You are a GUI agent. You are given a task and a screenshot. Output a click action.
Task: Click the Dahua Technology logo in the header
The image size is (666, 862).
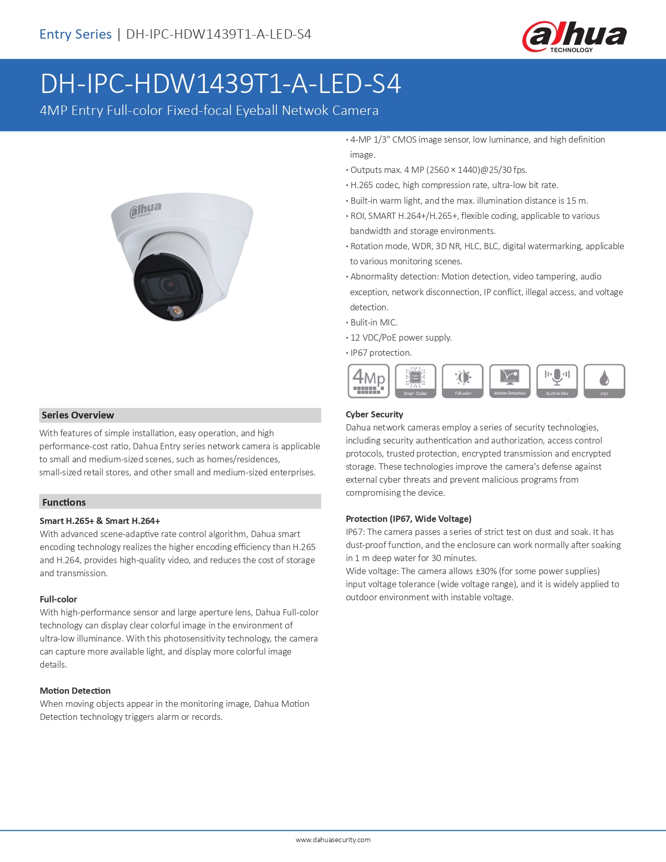click(574, 37)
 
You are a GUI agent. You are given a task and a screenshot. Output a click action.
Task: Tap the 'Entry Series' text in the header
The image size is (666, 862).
click(76, 34)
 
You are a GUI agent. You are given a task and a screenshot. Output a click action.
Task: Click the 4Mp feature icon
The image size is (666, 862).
click(369, 381)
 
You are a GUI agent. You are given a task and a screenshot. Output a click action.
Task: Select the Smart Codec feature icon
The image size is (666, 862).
click(416, 381)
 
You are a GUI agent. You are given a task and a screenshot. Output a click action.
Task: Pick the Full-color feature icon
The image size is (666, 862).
click(463, 381)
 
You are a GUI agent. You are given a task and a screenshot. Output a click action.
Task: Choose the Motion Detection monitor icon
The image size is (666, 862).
click(510, 381)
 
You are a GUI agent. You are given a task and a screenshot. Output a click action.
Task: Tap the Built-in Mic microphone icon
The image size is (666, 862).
click(557, 381)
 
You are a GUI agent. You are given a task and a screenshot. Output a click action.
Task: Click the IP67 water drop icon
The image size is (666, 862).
click(604, 381)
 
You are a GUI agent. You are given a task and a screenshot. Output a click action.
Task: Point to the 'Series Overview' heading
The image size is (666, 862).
click(78, 415)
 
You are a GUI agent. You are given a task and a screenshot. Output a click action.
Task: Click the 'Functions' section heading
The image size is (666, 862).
click(64, 502)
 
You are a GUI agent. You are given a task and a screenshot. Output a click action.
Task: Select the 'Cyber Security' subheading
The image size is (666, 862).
click(375, 414)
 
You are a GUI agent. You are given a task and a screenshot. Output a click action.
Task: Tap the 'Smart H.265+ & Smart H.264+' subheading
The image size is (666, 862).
click(100, 521)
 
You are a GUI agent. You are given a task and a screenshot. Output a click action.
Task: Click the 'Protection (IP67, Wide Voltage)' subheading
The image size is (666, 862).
click(408, 519)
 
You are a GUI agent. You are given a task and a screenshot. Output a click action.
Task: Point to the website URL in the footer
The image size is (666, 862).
click(333, 840)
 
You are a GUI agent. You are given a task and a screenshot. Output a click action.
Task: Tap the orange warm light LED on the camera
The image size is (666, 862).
click(177, 311)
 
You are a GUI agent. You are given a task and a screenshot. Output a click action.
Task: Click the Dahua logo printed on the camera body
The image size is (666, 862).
click(146, 209)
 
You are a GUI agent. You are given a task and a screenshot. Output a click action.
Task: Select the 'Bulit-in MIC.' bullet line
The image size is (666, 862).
click(373, 322)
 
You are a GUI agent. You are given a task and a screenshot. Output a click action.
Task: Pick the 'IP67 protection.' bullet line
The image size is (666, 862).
click(381, 353)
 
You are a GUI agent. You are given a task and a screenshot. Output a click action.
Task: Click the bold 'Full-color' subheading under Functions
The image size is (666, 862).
click(59, 599)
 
